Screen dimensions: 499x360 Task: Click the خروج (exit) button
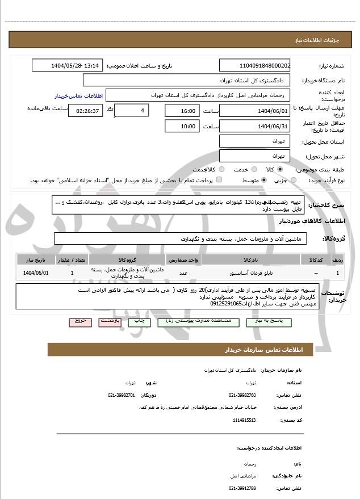pyautogui.click(x=80, y=321)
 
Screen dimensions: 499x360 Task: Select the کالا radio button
pyautogui.click(x=280, y=169)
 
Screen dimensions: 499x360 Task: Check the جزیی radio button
pyautogui.click(x=293, y=180)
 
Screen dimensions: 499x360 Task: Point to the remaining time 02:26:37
pyautogui.click(x=86, y=110)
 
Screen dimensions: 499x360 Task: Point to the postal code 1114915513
pyautogui.click(x=245, y=420)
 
